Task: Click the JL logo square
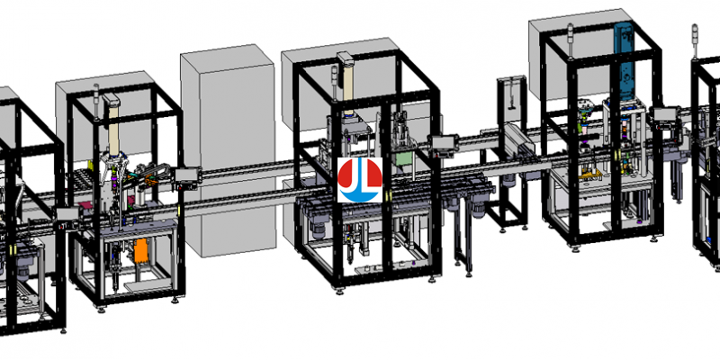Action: pyautogui.click(x=360, y=180)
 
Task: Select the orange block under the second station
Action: pyautogui.click(x=142, y=252)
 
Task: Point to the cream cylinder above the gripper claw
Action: pyautogui.click(x=112, y=123)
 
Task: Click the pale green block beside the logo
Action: pyautogui.click(x=402, y=158)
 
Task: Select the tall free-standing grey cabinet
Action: pyautogui.click(x=229, y=150)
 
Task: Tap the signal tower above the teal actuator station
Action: pyautogui.click(x=571, y=40)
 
